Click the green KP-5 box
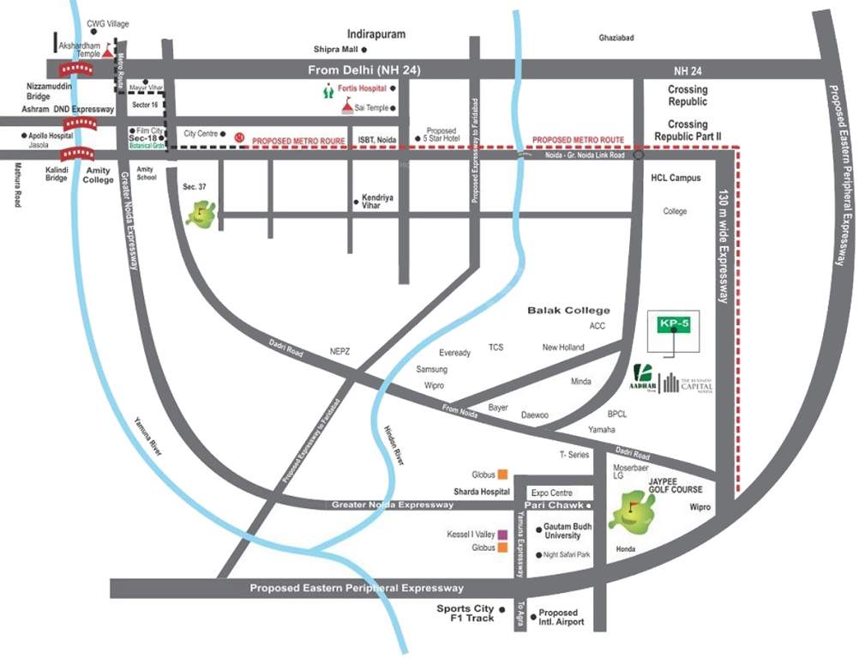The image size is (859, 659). point(674,323)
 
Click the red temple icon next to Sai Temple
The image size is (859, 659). point(347,106)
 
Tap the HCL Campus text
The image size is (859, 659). point(676,178)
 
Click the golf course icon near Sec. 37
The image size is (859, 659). point(201,212)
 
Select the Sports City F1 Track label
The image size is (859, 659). point(466,614)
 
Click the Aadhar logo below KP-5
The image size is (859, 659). point(645,377)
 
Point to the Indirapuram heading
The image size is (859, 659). point(375,33)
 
